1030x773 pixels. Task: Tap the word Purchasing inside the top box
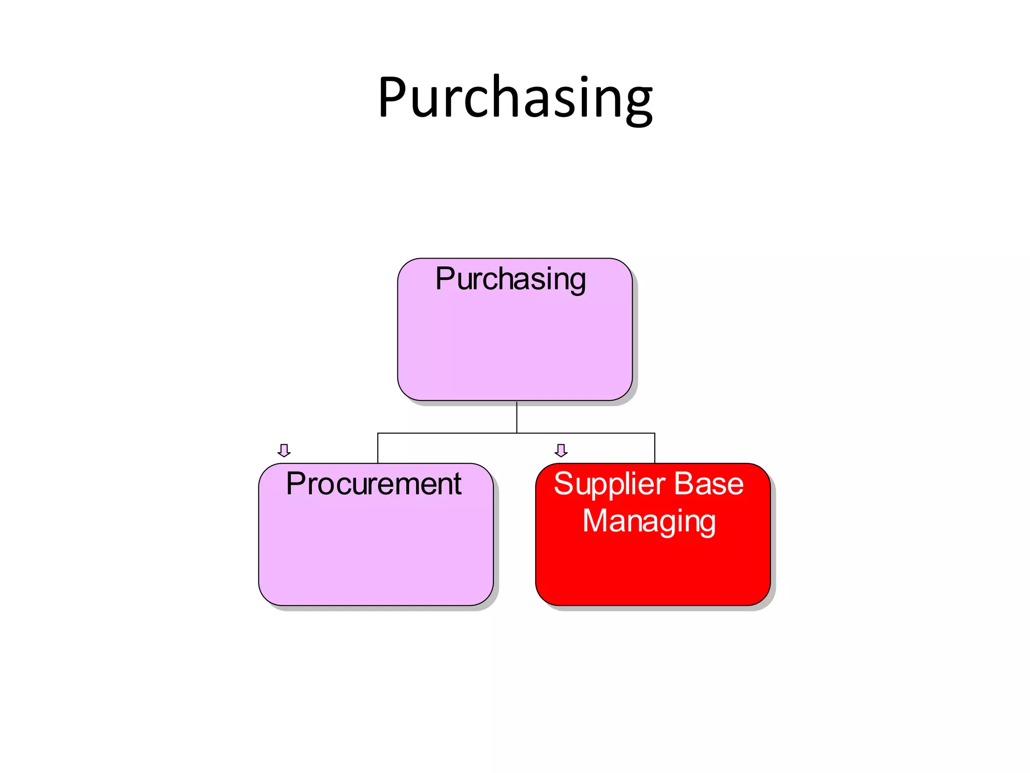(x=510, y=279)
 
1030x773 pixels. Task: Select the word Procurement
(x=374, y=484)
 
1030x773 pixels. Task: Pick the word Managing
(x=649, y=521)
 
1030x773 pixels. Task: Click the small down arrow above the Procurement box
(x=284, y=450)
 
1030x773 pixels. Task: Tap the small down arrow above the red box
(x=561, y=450)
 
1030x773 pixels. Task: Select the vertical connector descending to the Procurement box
(x=378, y=448)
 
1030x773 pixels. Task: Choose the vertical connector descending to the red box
(x=655, y=448)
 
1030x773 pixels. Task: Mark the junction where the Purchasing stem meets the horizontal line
(x=517, y=433)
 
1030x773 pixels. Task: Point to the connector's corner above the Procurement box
(x=378, y=433)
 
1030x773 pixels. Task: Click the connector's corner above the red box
(x=655, y=433)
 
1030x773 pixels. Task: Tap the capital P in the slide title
(x=394, y=96)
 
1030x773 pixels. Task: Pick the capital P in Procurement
(x=297, y=484)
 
